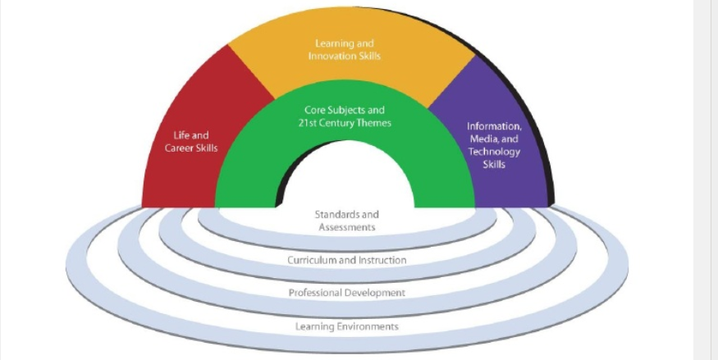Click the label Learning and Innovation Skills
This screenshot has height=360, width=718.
point(345,49)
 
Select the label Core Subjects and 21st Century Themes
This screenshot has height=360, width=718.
point(345,116)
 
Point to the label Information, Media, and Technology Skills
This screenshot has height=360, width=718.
point(494,145)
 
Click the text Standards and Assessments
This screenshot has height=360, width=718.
point(346,221)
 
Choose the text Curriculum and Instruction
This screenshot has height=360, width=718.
point(346,260)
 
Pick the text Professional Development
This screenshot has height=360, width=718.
point(346,292)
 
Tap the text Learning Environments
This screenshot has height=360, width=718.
point(346,326)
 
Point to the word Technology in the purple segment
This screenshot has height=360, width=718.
point(494,152)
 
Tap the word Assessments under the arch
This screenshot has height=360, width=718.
point(346,227)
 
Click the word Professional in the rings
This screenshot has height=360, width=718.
point(316,292)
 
